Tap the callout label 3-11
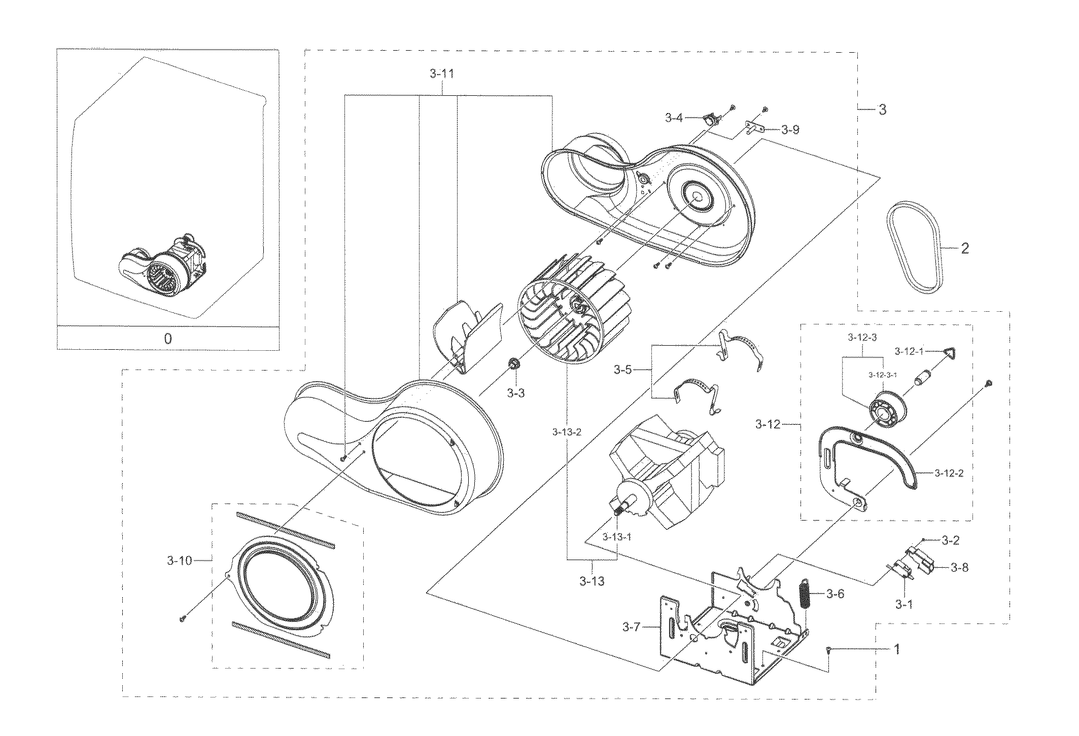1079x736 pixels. pyautogui.click(x=441, y=74)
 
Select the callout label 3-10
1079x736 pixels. pyautogui.click(x=179, y=560)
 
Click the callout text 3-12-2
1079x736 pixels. pyautogui.click(x=949, y=473)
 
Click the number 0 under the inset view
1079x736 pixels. pyautogui.click(x=168, y=339)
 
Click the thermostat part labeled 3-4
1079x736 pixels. pyautogui.click(x=712, y=122)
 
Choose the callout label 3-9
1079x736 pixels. pyautogui.click(x=790, y=130)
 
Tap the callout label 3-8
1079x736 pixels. pyautogui.click(x=958, y=567)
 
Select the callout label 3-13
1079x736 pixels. pyautogui.click(x=592, y=581)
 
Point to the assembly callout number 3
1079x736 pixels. pyautogui.click(x=883, y=109)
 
